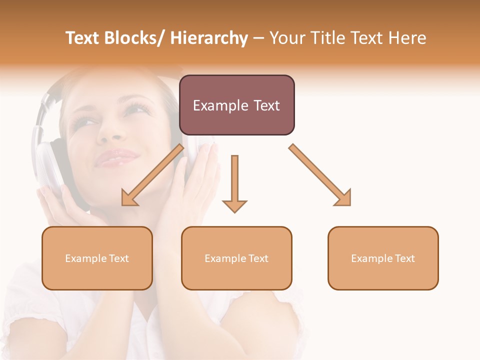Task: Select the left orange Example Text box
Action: tap(97, 258)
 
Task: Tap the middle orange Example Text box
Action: tap(236, 258)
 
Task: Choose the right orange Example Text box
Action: tap(383, 258)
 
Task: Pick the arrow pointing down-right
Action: tap(320, 175)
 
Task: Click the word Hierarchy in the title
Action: tap(209, 38)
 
